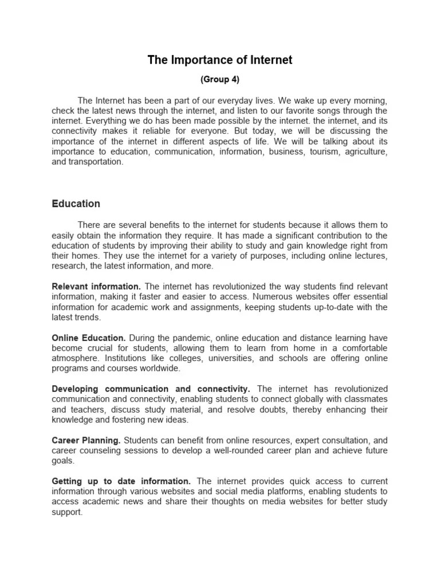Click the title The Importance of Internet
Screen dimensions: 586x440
coord(220,60)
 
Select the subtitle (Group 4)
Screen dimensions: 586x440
coord(220,80)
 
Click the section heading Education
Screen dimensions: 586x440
coord(76,204)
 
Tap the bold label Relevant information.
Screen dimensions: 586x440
coord(96,286)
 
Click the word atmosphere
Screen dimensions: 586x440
coord(75,358)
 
